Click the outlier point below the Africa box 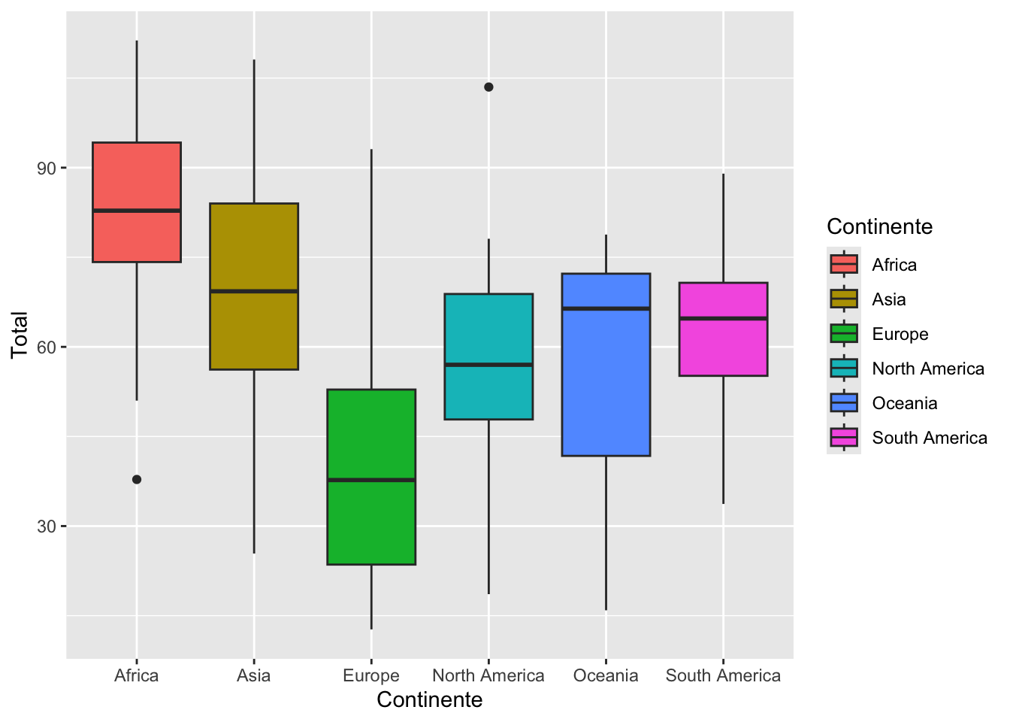[x=137, y=479]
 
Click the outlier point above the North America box [x=488, y=87]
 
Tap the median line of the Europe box [x=371, y=480]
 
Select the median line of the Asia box [x=254, y=291]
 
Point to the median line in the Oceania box [x=606, y=308]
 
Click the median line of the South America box [x=723, y=319]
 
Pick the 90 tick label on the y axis [x=46, y=168]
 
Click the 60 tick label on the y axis [x=46, y=347]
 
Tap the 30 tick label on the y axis [x=46, y=526]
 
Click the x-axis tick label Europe [x=371, y=675]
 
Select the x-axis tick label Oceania [x=606, y=675]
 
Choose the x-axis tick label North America [x=488, y=675]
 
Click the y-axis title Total [x=20, y=335]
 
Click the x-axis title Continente [x=430, y=700]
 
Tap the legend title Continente [x=880, y=226]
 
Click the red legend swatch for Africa [x=844, y=264]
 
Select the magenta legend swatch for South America [x=844, y=437]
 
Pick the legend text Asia [x=889, y=299]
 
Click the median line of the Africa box [x=137, y=211]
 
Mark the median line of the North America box [x=488, y=364]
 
